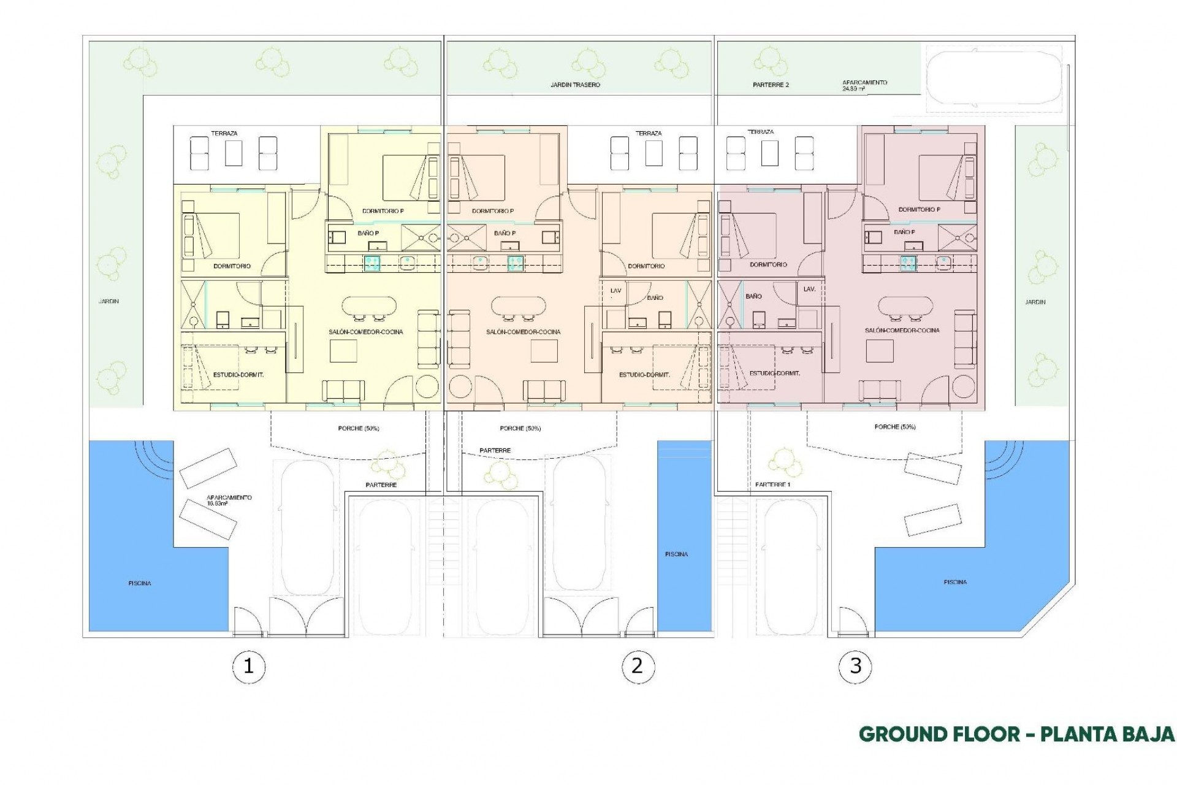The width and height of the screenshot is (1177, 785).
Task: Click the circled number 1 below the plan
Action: coord(248,665)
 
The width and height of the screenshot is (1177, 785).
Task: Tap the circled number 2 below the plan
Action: coord(637,665)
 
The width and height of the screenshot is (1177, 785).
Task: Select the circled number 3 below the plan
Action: coord(856,665)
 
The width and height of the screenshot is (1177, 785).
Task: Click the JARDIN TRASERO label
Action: coord(575,85)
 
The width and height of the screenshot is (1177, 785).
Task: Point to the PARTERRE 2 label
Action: coord(771,85)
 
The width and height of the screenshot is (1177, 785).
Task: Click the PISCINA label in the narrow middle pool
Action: coord(676,554)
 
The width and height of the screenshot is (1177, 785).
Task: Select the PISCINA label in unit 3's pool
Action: coord(955,582)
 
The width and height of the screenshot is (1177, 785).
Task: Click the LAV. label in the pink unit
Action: coord(809,289)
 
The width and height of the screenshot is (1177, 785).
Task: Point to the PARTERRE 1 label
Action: coord(773,484)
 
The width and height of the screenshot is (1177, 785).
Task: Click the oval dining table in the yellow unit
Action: coord(368,306)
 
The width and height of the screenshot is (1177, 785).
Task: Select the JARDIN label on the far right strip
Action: coord(1035,302)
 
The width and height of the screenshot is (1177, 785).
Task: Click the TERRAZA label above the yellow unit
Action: coord(224,133)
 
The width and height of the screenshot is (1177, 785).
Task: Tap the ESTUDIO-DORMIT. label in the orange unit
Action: coord(644,375)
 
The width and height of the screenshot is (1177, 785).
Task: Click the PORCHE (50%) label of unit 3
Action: coord(896,426)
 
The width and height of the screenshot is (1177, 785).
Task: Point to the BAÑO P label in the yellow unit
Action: coord(368,233)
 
